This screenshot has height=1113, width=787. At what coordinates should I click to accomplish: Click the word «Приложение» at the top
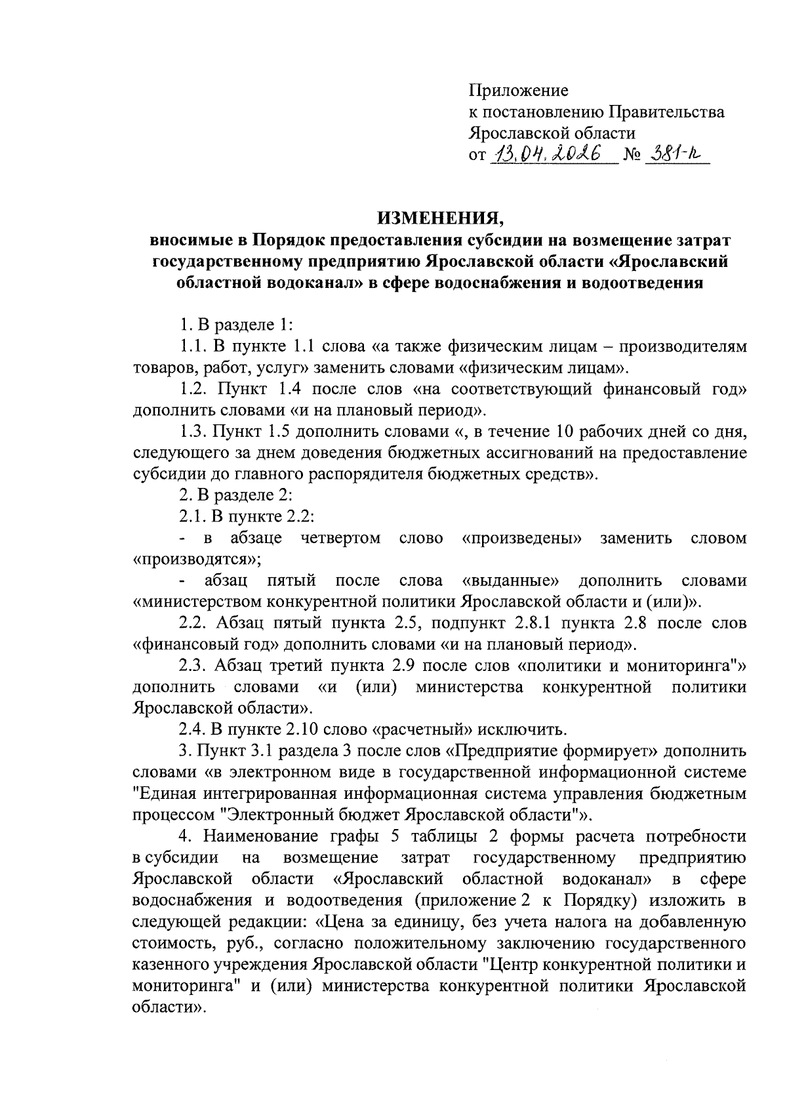coord(518,90)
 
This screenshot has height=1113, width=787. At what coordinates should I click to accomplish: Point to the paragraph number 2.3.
coord(193,666)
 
